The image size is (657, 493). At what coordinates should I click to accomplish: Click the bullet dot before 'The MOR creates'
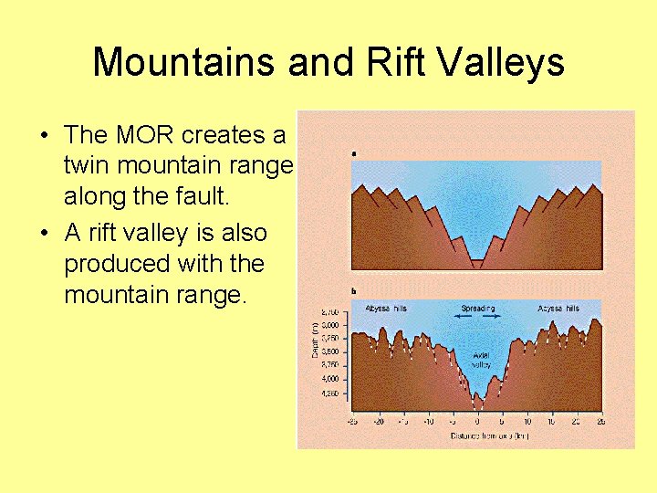(x=44, y=136)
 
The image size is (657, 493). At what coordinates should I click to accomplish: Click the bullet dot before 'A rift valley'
(x=44, y=234)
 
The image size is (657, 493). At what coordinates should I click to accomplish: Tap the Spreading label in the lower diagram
(x=477, y=309)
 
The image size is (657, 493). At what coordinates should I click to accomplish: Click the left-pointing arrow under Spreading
(x=461, y=316)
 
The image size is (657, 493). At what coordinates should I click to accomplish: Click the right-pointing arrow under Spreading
(x=494, y=316)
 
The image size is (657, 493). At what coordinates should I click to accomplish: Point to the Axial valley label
(x=481, y=359)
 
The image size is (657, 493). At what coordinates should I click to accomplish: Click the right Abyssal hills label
(x=558, y=309)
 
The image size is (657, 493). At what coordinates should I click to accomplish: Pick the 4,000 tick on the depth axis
(x=329, y=378)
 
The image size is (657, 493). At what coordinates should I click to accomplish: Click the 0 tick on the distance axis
(x=476, y=422)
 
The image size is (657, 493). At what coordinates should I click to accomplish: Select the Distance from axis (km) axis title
(x=477, y=435)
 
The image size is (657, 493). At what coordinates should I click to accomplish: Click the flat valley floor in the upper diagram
(x=477, y=263)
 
